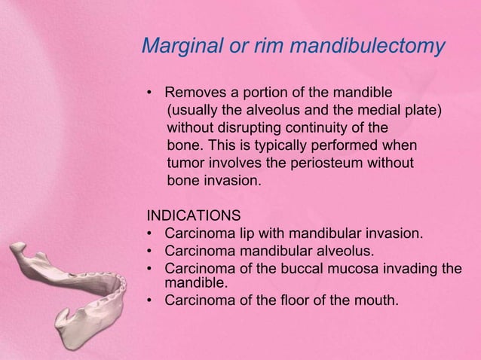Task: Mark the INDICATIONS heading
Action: [194, 214]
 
